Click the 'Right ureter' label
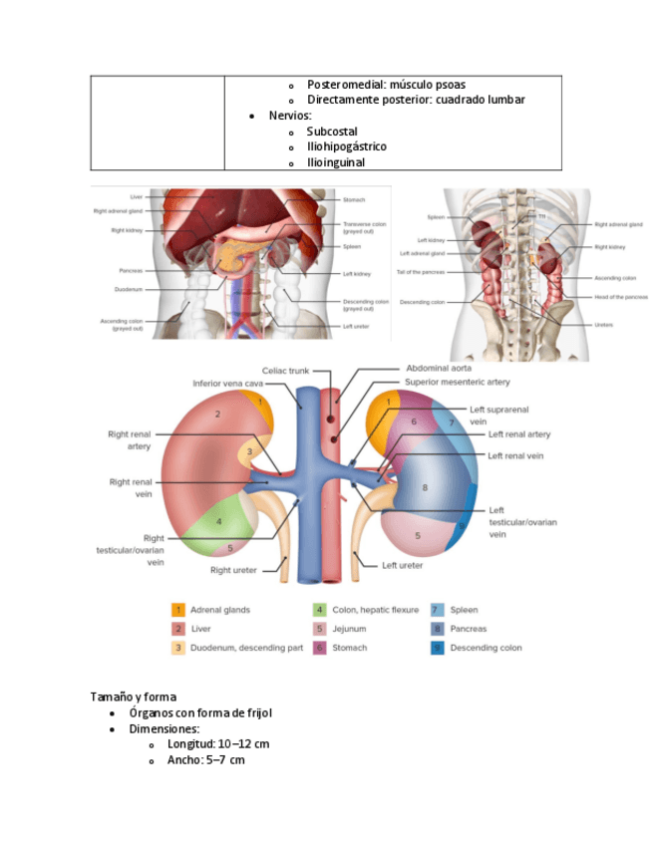tap(234, 571)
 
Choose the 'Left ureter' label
tap(403, 565)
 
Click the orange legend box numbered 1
tap(177, 610)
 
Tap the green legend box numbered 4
tap(319, 610)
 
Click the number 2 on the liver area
tap(216, 413)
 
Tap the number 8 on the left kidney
tap(425, 487)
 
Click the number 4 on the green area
tap(219, 521)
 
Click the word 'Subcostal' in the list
tap(332, 132)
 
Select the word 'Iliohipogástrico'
tap(347, 146)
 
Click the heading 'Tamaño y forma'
tap(134, 697)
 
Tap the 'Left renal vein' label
tap(515, 455)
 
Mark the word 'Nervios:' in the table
tap(290, 116)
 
